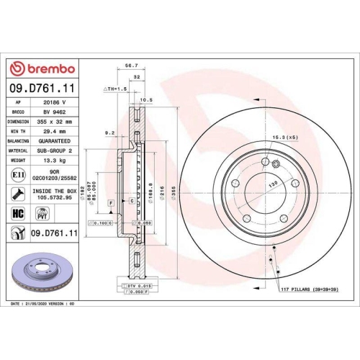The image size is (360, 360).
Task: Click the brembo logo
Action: [x=42, y=68]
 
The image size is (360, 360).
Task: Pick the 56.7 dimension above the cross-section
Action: [x=131, y=65]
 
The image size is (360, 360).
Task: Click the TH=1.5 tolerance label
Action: [x=114, y=88]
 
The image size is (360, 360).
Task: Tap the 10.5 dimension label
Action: [x=145, y=99]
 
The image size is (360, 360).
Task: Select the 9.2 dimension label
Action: [x=109, y=132]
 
